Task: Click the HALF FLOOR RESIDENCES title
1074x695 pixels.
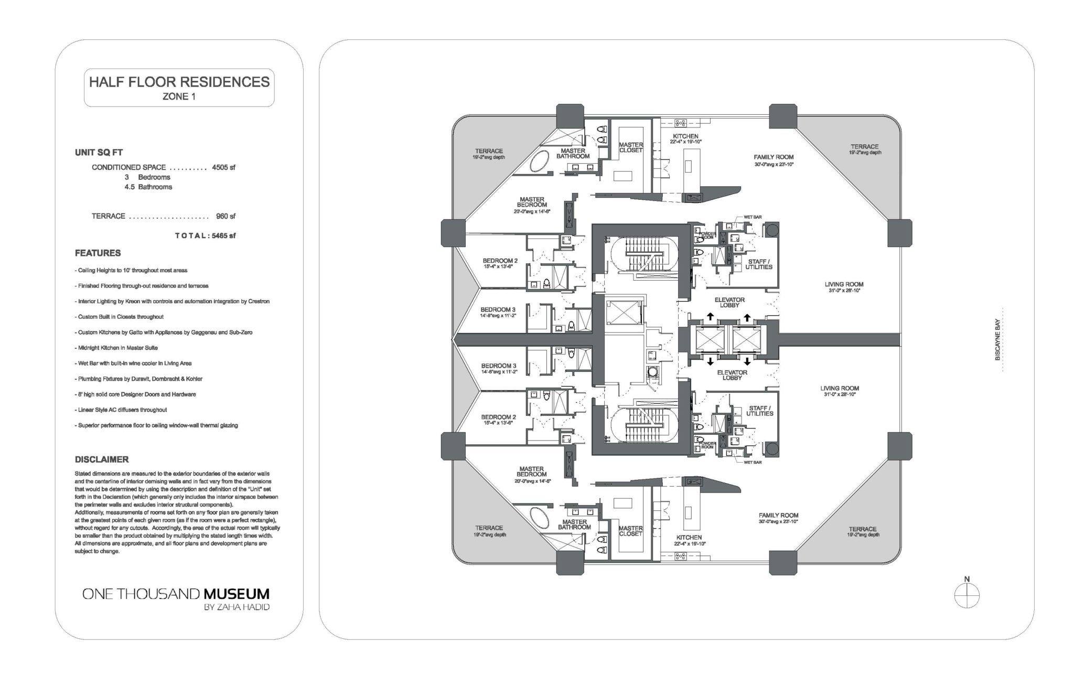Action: click(x=179, y=82)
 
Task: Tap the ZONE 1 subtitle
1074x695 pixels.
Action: click(x=179, y=97)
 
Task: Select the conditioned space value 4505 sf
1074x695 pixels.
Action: click(x=224, y=168)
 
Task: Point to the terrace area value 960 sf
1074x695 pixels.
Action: click(x=225, y=216)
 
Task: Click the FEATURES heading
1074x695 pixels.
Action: click(x=98, y=253)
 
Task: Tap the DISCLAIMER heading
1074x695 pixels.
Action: click(x=102, y=459)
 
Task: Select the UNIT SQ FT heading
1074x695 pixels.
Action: click(x=99, y=153)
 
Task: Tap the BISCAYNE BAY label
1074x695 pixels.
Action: click(x=997, y=339)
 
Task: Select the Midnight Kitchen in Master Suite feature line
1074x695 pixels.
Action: click(x=116, y=348)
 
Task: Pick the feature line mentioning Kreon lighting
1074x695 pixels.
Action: click(x=172, y=302)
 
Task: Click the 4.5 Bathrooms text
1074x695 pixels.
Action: click(x=148, y=187)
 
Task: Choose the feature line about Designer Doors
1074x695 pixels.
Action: click(x=135, y=394)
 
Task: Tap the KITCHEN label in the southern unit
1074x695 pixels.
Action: click(x=689, y=538)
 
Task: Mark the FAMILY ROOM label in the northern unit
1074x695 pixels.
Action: click(x=774, y=157)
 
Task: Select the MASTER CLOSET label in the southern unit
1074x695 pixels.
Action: click(x=630, y=531)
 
